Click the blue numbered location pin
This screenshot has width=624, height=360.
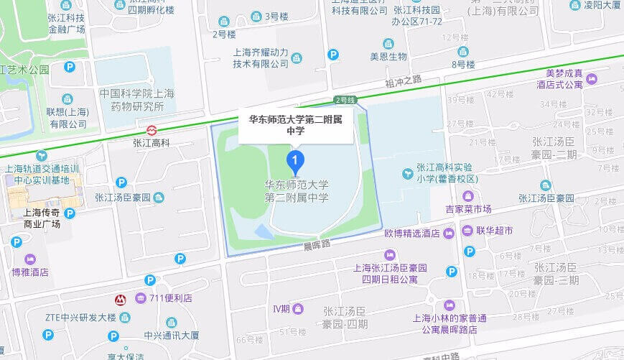click(x=294, y=159)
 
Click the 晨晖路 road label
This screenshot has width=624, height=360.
click(x=317, y=245)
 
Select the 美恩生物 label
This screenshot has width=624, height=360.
click(x=388, y=57)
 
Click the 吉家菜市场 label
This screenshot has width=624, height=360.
click(x=468, y=209)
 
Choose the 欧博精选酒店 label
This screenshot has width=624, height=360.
click(x=411, y=233)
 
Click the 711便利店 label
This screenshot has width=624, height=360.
click(x=174, y=298)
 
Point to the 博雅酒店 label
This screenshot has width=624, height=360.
click(x=30, y=272)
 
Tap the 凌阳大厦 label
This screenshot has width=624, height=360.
click(x=602, y=5)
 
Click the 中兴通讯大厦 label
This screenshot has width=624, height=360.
click(x=171, y=335)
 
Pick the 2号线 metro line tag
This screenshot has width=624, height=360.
click(x=345, y=100)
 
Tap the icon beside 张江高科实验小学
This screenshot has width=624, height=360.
click(x=407, y=172)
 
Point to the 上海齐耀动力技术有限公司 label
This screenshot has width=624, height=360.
click(x=260, y=57)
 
